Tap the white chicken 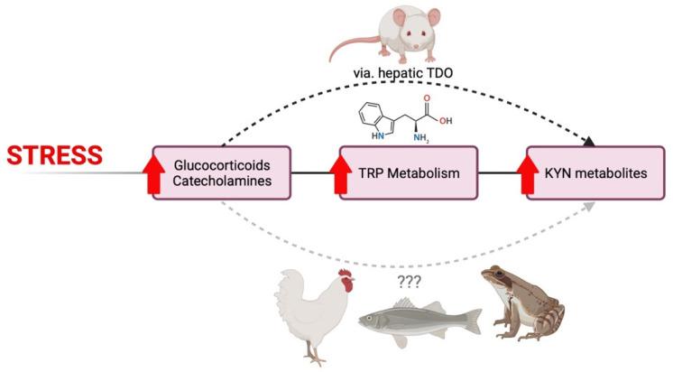pyautogui.click(x=311, y=312)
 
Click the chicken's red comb pyautogui.click(x=345, y=274)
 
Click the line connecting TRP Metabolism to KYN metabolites pyautogui.click(x=501, y=172)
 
